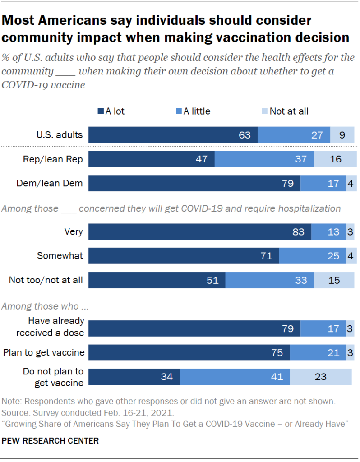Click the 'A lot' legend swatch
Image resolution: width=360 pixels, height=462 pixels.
[101, 111]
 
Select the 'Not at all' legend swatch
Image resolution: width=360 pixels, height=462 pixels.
[265, 111]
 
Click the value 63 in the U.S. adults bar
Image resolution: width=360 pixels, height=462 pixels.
[245, 135]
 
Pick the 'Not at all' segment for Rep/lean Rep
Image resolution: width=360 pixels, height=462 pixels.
[335, 159]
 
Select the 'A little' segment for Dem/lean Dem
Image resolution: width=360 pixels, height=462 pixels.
[323, 184]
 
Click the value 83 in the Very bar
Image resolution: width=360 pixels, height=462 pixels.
[299, 232]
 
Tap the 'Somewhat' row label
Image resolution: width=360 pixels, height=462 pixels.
[60, 256]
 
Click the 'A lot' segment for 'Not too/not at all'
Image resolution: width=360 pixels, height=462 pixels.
[157, 280]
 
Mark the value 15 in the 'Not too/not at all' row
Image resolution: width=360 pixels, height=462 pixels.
[334, 280]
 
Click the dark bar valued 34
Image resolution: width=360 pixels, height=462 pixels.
[134, 377]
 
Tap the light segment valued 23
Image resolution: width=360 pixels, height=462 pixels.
[320, 377]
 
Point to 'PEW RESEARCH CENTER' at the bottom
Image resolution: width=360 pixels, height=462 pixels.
[51, 440]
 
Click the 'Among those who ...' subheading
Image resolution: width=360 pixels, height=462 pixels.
[45, 306]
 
